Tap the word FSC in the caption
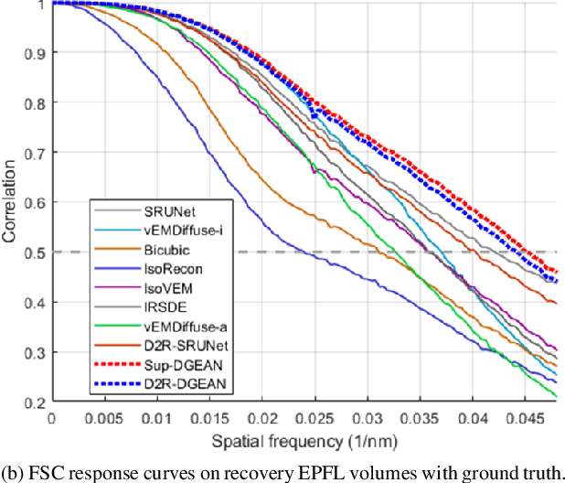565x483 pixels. pos(44,472)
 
